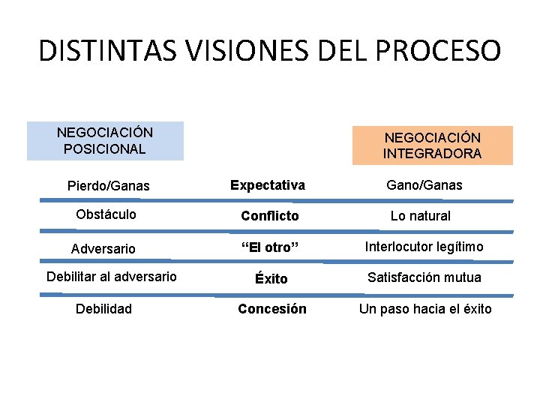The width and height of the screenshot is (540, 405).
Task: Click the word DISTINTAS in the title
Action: (106, 50)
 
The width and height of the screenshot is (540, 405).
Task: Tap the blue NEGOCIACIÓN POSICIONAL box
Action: (105, 141)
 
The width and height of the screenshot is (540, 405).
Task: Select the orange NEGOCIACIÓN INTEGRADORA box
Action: (433, 145)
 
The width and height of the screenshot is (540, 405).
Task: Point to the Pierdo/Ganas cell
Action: (108, 185)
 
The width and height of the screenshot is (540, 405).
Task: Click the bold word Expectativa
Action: (268, 184)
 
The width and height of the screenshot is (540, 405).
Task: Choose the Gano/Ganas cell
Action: (424, 184)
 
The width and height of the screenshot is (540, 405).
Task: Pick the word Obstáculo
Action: (106, 214)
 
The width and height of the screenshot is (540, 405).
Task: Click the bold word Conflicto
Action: (269, 216)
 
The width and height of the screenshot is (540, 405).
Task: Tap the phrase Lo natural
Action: (420, 216)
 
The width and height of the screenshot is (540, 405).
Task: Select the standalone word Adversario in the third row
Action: (103, 248)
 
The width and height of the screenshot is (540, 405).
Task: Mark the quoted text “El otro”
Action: (269, 247)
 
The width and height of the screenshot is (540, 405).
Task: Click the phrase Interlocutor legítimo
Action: (424, 247)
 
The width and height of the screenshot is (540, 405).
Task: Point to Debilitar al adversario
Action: (112, 277)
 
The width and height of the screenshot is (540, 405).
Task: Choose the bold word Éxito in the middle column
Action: (271, 278)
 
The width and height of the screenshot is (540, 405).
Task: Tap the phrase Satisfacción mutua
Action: (424, 277)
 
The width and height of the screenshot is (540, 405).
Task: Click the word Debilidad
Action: (103, 309)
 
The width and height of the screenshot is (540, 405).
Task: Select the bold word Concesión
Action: (271, 309)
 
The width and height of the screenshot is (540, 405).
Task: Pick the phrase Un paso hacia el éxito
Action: (425, 309)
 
